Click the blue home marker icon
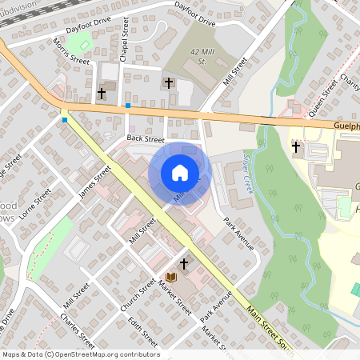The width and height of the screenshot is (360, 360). (180, 173)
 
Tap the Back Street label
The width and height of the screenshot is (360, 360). (145, 139)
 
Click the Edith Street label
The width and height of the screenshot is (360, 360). (144, 332)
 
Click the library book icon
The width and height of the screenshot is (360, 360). (170, 277)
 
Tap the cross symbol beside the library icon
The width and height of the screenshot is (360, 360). (183, 264)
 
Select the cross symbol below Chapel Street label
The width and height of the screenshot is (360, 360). (102, 94)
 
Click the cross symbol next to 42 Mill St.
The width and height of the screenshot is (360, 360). (169, 83)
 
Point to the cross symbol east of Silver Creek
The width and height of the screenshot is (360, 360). (296, 147)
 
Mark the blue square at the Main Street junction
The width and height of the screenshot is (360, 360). (65, 120)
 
